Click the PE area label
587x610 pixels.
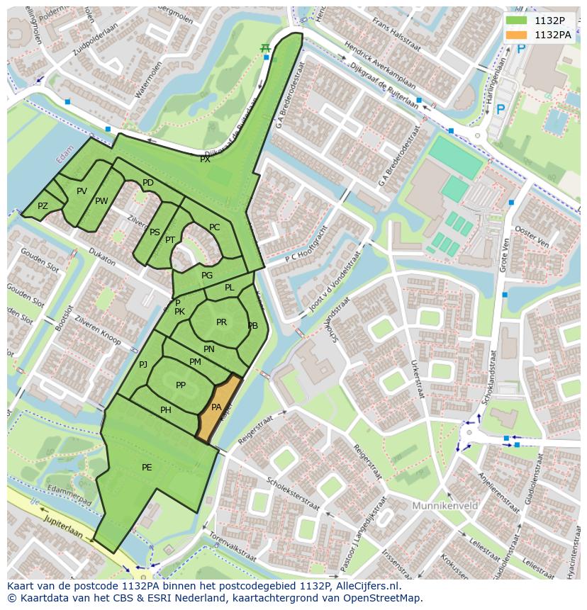pos(147,468)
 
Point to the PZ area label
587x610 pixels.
pos(43,206)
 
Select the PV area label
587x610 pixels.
pos(82,191)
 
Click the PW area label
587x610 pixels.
pos(101,201)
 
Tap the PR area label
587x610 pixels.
pos(221,322)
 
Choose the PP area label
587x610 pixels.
pos(181,385)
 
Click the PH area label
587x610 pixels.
pos(166,410)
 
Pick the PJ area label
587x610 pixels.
pos(143,365)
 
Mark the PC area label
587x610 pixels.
pos(214,227)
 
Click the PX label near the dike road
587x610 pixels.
pos(205,159)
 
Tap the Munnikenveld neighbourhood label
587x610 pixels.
pos(445,506)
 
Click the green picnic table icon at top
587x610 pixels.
pos(265,47)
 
